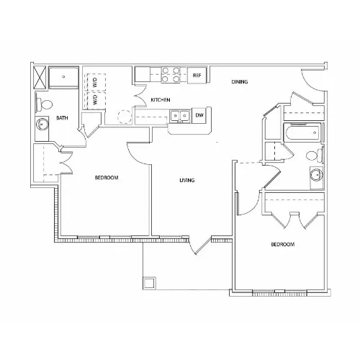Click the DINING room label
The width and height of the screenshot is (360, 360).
(240, 82)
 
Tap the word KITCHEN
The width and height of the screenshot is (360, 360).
(161, 100)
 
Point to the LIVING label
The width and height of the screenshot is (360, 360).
(187, 180)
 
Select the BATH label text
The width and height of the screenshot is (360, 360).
(62, 118)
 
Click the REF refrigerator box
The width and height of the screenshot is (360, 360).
(197, 76)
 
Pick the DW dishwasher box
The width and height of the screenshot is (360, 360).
(199, 115)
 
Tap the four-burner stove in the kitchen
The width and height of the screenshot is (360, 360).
(171, 75)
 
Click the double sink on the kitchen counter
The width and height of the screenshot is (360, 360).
(180, 116)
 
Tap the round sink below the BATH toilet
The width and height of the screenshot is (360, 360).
(42, 125)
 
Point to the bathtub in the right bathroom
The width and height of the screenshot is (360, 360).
(302, 132)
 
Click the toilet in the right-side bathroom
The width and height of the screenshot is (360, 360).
(315, 156)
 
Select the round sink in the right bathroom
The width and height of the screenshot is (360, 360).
(316, 174)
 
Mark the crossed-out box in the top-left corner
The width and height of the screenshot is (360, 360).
(40, 77)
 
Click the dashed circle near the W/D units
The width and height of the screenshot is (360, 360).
(125, 117)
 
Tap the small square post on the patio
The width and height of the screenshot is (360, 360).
(149, 283)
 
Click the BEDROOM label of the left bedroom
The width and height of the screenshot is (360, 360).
(107, 178)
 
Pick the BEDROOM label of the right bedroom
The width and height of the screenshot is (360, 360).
(283, 245)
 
